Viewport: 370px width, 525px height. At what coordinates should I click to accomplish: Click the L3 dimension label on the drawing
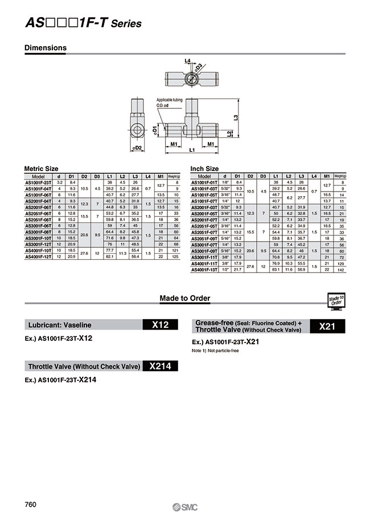pos(235,117)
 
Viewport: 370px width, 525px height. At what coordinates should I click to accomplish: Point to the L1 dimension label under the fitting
pos(192,150)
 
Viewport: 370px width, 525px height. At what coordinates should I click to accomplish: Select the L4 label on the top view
pos(187,60)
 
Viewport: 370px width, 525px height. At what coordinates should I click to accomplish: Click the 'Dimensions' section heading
pos(46,48)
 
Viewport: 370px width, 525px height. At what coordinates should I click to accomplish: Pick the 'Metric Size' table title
pos(41,169)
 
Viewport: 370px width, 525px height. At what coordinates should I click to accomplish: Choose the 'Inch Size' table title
pos(204,169)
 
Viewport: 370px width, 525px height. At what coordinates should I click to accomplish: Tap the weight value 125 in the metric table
pos(177,257)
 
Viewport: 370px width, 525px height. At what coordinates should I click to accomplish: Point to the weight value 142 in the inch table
pos(341,269)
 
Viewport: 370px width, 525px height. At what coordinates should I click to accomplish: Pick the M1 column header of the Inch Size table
pos(327,176)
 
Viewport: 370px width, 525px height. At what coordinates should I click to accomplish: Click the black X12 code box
pos(161,325)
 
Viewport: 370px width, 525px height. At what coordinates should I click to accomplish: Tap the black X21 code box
pos(328,326)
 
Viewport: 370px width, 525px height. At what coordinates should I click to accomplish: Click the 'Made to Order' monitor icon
pos(336,300)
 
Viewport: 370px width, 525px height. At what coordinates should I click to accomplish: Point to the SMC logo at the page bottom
pos(185,507)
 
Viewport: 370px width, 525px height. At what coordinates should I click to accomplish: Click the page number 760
pos(31,504)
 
